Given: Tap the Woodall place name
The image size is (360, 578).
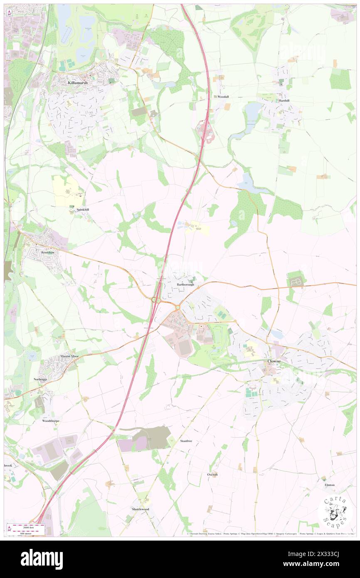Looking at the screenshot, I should click(x=223, y=96).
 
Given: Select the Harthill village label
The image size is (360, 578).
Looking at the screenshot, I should click(x=284, y=101).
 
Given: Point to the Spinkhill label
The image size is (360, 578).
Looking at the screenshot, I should click(x=83, y=210).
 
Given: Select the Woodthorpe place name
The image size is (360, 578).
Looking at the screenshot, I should click(x=51, y=421).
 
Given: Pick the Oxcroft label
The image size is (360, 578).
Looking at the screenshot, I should click(x=212, y=474).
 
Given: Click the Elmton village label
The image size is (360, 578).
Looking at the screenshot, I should click(x=329, y=485).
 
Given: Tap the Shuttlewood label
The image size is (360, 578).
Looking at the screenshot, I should click(x=140, y=509).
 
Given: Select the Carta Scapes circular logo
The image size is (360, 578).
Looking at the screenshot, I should click(x=335, y=512).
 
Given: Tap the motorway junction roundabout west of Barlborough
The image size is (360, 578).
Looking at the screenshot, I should click(x=156, y=299).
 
